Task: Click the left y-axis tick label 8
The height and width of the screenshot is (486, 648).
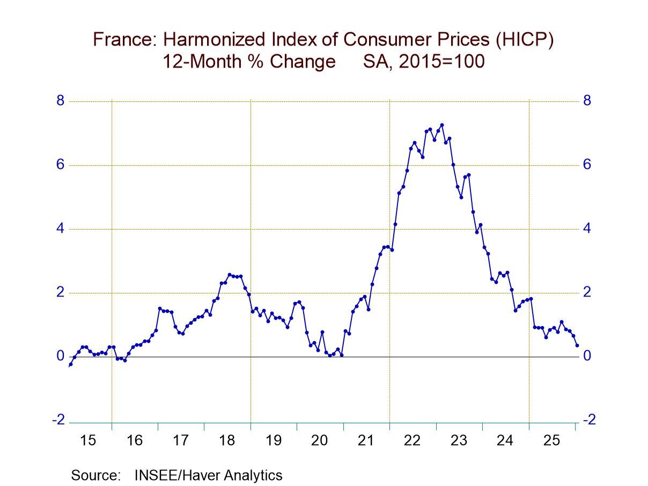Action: click(61, 101)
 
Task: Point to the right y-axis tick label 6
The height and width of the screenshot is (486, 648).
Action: click(587, 165)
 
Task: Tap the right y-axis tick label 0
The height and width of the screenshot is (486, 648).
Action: click(587, 356)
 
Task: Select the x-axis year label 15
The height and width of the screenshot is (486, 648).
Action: click(87, 441)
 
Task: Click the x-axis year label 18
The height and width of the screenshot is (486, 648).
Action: click(227, 441)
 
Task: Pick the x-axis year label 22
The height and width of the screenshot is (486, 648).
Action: click(412, 441)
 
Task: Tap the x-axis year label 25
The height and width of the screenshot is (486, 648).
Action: click(551, 441)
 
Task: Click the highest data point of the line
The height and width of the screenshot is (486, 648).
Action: click(442, 125)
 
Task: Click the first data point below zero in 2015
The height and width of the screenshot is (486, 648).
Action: click(70, 365)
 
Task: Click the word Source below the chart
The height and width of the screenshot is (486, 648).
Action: click(96, 475)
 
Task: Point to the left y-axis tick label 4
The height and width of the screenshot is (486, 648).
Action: click(61, 229)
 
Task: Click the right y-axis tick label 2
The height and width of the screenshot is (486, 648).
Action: click(587, 292)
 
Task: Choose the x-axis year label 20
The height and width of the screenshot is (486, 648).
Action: click(319, 441)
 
